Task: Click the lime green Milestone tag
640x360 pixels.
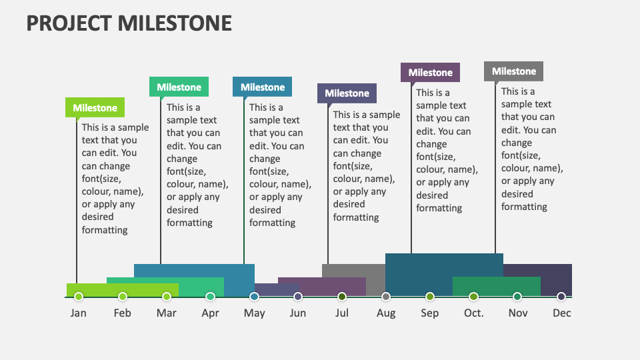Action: [x=95, y=108]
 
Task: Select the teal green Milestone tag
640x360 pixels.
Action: [x=179, y=87]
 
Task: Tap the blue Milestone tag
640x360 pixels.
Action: [x=262, y=87]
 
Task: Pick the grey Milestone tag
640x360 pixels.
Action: [x=513, y=71]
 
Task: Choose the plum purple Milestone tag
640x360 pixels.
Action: [x=430, y=73]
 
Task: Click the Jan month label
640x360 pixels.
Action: [x=79, y=313]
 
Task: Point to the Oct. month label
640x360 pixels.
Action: [x=474, y=313]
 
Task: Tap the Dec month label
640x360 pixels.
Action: [x=561, y=313]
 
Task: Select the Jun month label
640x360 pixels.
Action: [x=298, y=313]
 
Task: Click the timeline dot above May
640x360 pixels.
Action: [x=254, y=297]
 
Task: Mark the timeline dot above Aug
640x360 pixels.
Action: [x=386, y=297]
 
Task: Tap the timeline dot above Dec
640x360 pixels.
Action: [x=561, y=297]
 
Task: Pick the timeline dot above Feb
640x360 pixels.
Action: [x=123, y=297]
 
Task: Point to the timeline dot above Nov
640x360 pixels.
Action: [x=517, y=297]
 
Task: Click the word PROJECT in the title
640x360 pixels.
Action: [x=69, y=23]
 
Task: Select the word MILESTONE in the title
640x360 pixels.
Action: [x=175, y=23]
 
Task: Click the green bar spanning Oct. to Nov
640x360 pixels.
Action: [x=496, y=287]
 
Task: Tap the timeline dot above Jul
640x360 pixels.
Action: [x=342, y=297]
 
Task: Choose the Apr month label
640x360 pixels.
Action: [x=210, y=313]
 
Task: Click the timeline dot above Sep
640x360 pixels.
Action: [x=430, y=297]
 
